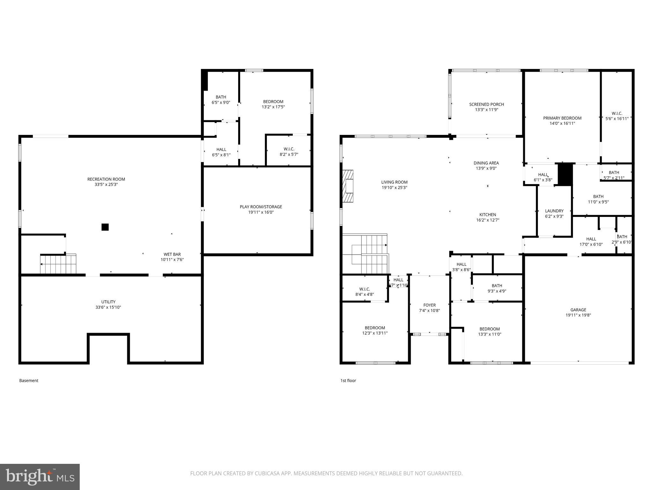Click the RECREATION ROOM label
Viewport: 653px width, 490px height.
click(x=106, y=179)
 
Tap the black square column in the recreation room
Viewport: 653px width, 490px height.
click(x=105, y=227)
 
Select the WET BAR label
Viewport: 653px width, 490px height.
click(x=172, y=254)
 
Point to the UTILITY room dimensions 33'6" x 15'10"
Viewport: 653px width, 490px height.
click(x=108, y=307)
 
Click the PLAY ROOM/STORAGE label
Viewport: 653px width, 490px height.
click(x=261, y=207)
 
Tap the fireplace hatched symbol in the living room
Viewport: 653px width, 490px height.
click(x=348, y=186)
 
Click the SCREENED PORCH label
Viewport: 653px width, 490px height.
click(x=486, y=104)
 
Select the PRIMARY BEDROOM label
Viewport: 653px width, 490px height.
click(x=562, y=118)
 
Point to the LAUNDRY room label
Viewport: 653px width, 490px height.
click(x=554, y=211)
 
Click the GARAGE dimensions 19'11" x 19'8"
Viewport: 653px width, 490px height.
click(x=578, y=315)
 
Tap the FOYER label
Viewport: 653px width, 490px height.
click(x=429, y=305)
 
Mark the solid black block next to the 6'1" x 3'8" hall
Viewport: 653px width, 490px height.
click(x=565, y=174)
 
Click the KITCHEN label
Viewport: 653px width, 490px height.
click(x=488, y=215)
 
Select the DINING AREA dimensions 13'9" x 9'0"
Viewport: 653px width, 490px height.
click(x=486, y=168)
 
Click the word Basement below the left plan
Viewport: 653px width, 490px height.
click(x=29, y=381)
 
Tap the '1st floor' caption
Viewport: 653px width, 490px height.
click(x=348, y=381)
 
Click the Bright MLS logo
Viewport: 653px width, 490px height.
click(x=40, y=477)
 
